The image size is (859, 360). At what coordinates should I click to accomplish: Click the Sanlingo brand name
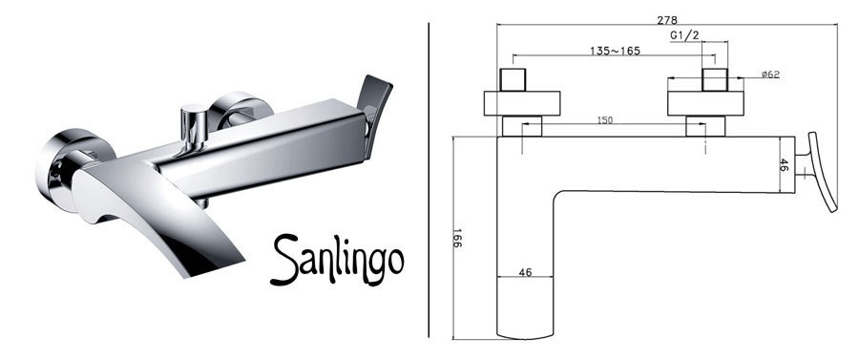[x=336, y=258]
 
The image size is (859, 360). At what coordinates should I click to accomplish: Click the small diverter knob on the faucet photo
[x=195, y=123]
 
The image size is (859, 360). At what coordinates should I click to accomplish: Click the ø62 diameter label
[x=772, y=75]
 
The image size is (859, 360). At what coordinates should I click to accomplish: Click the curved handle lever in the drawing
[x=822, y=173]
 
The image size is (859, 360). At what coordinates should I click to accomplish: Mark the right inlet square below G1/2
[x=715, y=79]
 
